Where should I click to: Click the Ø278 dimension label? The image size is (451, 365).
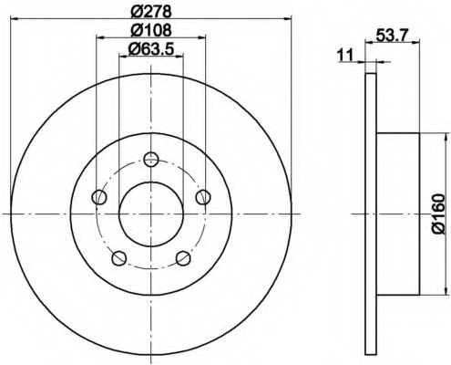[151, 12]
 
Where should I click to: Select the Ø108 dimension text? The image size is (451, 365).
[151, 30]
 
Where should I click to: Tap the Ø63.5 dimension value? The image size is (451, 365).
[151, 48]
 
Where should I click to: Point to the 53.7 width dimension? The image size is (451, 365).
[391, 35]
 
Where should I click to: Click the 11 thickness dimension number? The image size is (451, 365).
[346, 55]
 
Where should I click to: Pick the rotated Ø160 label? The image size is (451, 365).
[438, 214]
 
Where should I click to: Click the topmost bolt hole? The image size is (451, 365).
[151, 159]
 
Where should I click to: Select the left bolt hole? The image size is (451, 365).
[99, 197]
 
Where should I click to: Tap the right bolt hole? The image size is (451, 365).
[203, 197]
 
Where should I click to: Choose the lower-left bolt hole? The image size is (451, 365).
[119, 258]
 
